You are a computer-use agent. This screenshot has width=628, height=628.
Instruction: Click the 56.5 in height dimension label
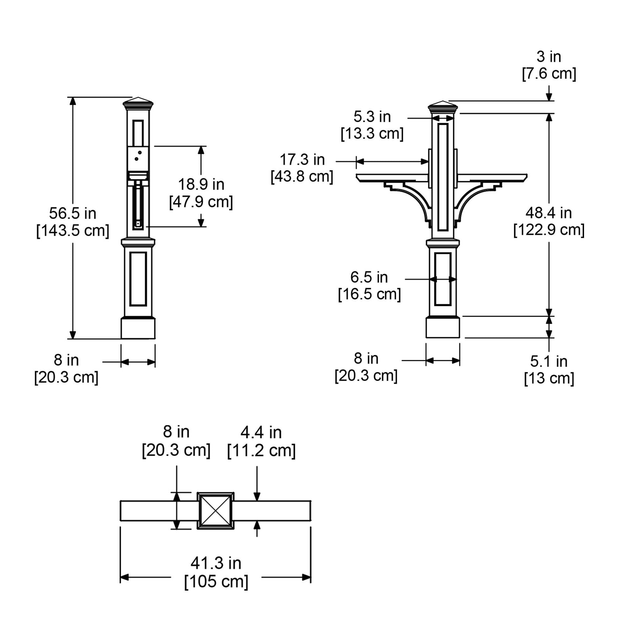click(x=73, y=213)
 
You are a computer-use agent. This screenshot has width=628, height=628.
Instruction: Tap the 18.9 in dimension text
click(x=201, y=185)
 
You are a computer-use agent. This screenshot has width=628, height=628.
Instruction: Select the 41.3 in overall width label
click(x=216, y=563)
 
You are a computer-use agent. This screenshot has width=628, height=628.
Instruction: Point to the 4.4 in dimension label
click(x=261, y=433)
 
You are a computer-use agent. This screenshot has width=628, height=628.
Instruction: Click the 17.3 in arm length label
click(x=302, y=160)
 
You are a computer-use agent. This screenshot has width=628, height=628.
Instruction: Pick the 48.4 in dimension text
click(x=549, y=213)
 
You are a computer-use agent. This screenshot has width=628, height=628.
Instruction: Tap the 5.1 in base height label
click(x=549, y=361)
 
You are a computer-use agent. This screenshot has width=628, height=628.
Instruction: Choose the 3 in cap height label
click(x=549, y=57)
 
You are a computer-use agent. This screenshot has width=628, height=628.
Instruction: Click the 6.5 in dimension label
click(x=369, y=277)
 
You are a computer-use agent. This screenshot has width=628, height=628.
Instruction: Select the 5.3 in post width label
click(x=372, y=117)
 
